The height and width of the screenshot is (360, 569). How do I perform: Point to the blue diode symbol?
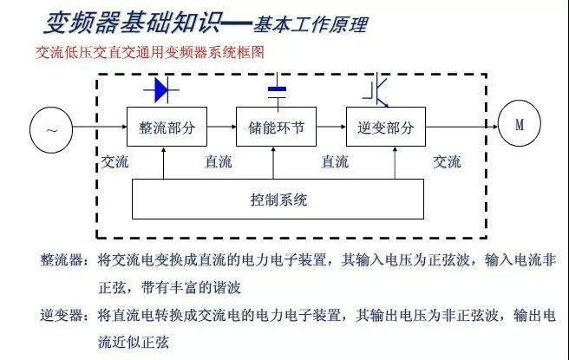(x=161, y=89)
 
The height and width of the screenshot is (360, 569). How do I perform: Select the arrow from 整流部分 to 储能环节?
(x=222, y=127)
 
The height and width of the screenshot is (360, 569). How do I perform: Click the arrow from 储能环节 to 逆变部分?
(x=331, y=127)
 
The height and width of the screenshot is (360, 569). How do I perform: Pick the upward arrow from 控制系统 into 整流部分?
(x=164, y=163)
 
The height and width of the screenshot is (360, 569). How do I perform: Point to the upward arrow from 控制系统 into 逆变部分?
(x=395, y=163)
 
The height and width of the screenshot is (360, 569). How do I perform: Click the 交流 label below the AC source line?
(x=114, y=162)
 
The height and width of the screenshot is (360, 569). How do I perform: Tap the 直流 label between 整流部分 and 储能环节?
(x=219, y=162)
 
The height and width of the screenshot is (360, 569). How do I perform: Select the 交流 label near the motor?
(x=447, y=162)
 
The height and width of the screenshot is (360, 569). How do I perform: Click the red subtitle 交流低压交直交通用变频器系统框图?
(x=150, y=53)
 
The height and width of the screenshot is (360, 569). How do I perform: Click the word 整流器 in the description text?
(x=62, y=260)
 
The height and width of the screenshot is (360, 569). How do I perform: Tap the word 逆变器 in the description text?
(x=62, y=315)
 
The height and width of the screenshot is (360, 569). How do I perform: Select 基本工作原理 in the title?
(x=311, y=24)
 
